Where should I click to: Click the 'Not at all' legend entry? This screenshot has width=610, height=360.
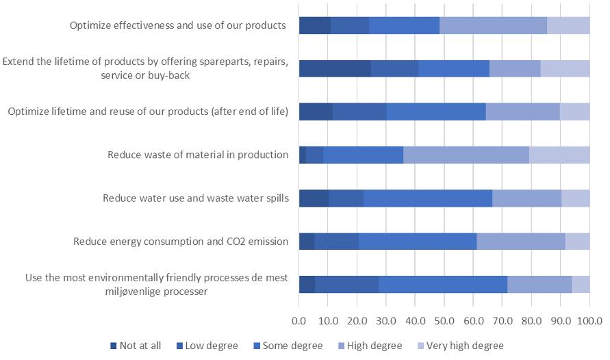140,346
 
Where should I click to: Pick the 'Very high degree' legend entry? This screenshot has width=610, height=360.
465,346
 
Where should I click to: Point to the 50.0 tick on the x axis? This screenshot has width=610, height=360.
444,320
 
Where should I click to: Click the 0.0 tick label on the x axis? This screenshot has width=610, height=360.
299,320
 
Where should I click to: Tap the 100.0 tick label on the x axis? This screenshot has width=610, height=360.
589,320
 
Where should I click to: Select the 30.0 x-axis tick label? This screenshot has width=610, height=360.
386,320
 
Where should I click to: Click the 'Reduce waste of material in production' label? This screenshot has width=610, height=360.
198,155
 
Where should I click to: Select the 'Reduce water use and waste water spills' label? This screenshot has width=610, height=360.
196,198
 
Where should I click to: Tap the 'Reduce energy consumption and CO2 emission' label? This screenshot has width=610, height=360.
181,242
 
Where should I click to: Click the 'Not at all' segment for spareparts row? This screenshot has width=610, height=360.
335,68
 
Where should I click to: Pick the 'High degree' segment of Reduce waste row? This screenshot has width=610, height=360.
466,155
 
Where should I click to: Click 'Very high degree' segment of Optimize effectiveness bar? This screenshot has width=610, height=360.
568,25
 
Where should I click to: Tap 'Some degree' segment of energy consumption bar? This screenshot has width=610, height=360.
418,242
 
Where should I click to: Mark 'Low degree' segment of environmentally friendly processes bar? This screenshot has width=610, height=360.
346,284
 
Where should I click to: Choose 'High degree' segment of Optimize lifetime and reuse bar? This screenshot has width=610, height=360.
522,112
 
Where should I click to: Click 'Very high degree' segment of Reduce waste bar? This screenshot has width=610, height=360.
559,155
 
